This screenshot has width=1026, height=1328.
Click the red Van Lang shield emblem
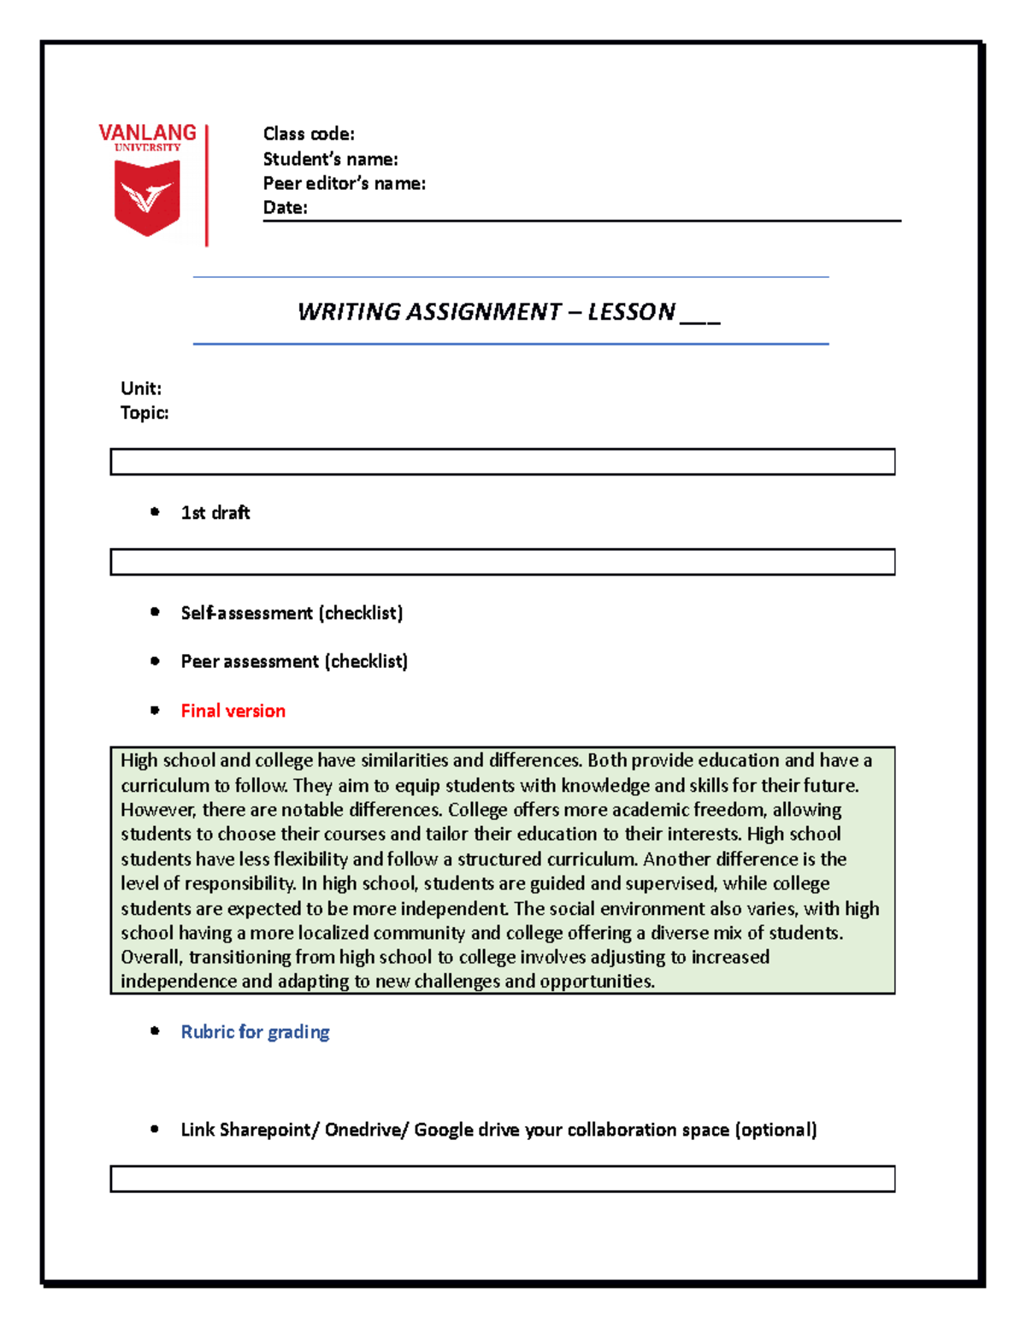pos(147,198)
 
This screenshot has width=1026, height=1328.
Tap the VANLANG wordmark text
pos(147,133)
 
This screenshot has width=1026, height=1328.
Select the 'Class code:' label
pos(308,134)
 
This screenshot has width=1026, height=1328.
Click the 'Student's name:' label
pos(330,159)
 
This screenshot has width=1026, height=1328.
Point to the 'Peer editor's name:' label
pos(344,183)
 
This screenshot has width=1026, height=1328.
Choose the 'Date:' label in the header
pos(285,207)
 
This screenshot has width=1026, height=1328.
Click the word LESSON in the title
pos(631,311)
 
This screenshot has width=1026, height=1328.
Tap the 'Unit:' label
pos(141,388)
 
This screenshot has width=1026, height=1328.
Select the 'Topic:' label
pos(144,413)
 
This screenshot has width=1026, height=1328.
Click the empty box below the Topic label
pos(502,462)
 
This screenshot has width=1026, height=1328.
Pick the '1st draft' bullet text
pos(215,513)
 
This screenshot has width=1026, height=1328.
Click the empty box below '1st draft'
pos(502,562)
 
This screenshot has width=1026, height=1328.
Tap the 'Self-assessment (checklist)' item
pos(292,613)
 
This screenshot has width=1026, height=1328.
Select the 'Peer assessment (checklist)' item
pos(294,662)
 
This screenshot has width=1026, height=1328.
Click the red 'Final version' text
pos(233,711)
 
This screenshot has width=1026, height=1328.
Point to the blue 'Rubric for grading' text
pos(255,1032)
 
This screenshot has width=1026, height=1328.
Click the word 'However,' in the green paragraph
pos(158,810)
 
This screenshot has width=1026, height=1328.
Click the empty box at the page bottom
pos(502,1178)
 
